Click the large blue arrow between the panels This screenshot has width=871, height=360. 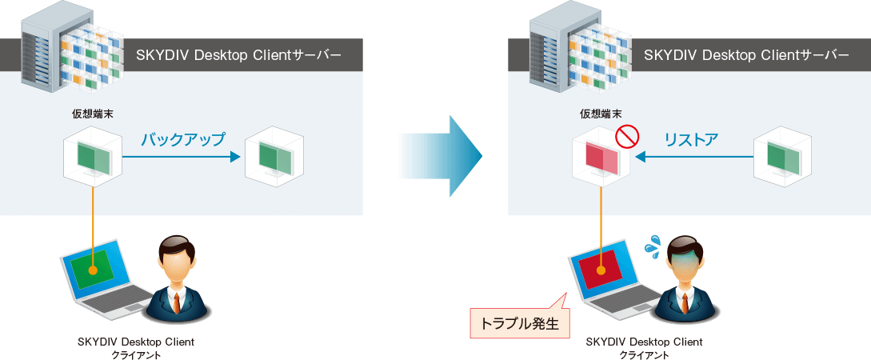(x=444, y=155)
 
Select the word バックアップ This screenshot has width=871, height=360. (x=182, y=139)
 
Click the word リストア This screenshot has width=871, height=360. (x=691, y=140)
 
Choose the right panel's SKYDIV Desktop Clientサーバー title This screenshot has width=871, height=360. (x=746, y=55)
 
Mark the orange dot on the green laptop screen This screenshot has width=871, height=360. (x=93, y=270)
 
